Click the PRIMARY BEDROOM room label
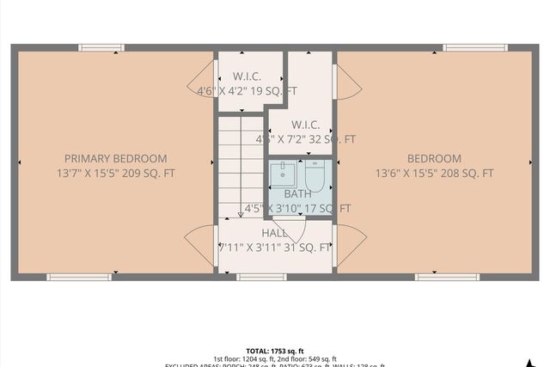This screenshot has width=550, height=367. (x=115, y=158)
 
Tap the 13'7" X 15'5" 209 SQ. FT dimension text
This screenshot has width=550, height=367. (x=115, y=173)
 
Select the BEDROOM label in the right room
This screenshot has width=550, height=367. (x=434, y=158)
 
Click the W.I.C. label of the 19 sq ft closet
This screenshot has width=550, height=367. (x=247, y=76)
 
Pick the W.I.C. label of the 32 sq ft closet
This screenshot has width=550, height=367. (x=305, y=125)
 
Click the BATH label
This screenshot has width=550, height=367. (x=297, y=194)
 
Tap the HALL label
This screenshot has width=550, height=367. (x=275, y=233)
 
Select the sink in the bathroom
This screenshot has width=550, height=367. (x=283, y=174)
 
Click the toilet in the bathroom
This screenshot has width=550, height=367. (x=315, y=177)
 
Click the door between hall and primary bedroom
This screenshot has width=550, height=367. (x=201, y=246)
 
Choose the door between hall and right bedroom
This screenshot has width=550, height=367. (x=348, y=246)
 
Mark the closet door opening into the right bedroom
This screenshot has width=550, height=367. (x=347, y=83)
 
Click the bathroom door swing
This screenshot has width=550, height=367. (x=289, y=229)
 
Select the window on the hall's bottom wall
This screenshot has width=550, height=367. (x=260, y=277)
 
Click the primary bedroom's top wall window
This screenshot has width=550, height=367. (x=101, y=47)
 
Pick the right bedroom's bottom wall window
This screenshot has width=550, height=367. (x=447, y=277)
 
